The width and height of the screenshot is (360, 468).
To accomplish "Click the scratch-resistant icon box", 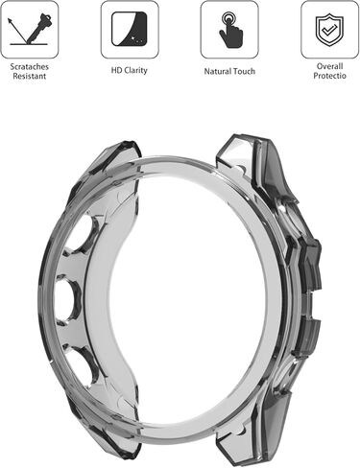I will coord(29,29).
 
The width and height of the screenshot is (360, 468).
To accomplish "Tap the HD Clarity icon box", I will coord(129,29).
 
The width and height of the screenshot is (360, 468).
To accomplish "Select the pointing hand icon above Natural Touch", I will coord(229,30).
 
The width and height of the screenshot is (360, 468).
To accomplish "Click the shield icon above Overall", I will coord(330,29).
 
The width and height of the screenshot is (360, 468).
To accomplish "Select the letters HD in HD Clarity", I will coord(115,71).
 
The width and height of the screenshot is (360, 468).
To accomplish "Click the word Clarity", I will coord(136,71).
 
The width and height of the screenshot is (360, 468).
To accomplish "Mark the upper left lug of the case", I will coord(110,158).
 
